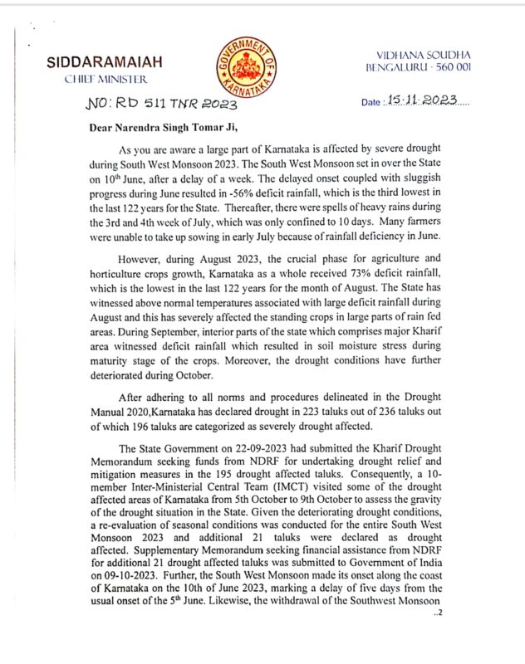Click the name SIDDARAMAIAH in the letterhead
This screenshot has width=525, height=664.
tap(105, 62)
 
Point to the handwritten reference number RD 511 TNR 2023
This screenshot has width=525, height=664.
tap(163, 105)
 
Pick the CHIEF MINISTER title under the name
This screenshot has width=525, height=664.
tap(105, 79)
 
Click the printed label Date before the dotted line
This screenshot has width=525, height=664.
tap(370, 103)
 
